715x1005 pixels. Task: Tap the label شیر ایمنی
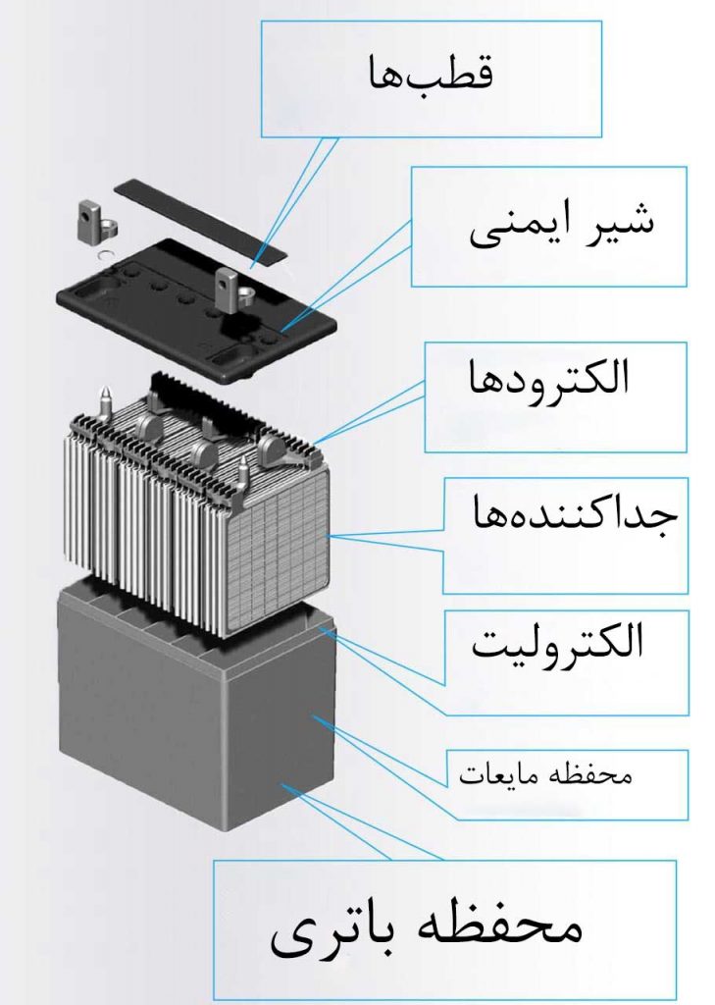(x=560, y=225)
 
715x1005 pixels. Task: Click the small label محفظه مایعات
(x=546, y=774)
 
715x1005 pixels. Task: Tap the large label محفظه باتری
(x=427, y=929)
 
